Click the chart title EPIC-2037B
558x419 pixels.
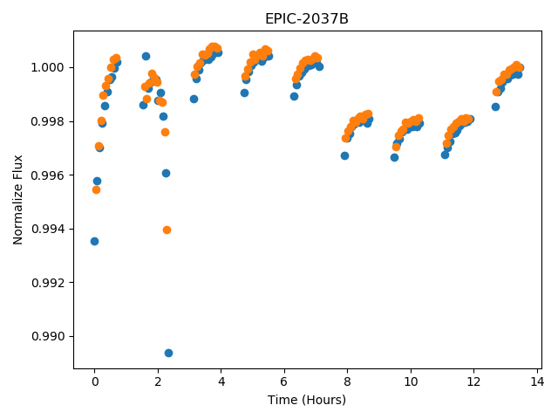[x=307, y=18]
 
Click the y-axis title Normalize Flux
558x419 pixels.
[x=17, y=200]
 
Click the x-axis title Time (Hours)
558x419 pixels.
[x=307, y=400]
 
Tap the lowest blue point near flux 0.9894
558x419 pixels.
[x=168, y=353]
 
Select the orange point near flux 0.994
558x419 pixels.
[x=167, y=230]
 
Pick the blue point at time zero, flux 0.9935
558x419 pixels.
[x=94, y=242]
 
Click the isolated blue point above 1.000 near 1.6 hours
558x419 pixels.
[x=146, y=56]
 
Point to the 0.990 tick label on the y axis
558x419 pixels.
[x=48, y=336]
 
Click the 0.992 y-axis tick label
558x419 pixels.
[x=48, y=283]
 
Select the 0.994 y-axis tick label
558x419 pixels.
[x=48, y=229]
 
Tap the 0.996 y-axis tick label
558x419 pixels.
[x=48, y=175]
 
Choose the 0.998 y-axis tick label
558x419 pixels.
[x=48, y=122]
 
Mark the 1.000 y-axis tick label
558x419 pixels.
[x=48, y=68]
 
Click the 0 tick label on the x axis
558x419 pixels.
[x=95, y=382]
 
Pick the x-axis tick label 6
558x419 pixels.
[x=284, y=382]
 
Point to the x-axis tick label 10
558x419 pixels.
[x=411, y=382]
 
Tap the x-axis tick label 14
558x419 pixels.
[x=537, y=382]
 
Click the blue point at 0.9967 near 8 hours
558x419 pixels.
[x=344, y=155]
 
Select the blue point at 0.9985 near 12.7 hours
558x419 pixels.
[x=495, y=106]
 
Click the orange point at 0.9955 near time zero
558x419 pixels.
[x=96, y=190]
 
